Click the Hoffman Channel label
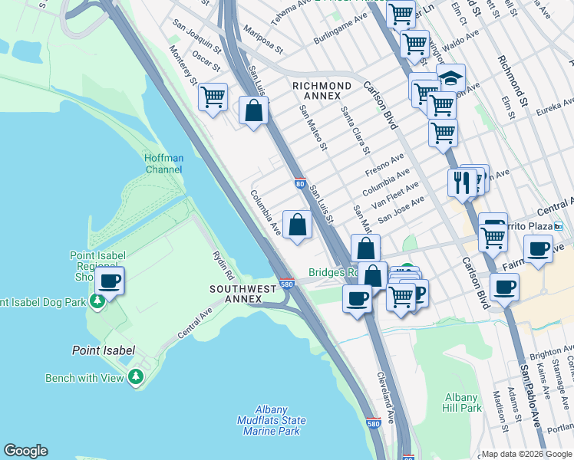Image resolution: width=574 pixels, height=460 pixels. tap(164, 163)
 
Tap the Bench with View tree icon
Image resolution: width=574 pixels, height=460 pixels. tap(136, 376)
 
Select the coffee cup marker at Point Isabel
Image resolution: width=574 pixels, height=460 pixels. tap(110, 281)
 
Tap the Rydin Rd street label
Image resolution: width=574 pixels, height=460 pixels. tap(223, 264)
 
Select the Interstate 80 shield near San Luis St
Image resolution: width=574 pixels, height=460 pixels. tap(299, 184)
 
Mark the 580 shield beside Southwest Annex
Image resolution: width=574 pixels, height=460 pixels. tap(285, 284)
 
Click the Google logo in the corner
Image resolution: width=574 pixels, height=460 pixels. tap(25, 451)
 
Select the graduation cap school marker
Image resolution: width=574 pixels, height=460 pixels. tap(451, 78)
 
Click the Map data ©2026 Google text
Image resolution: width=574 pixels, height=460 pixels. tap(526, 454)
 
